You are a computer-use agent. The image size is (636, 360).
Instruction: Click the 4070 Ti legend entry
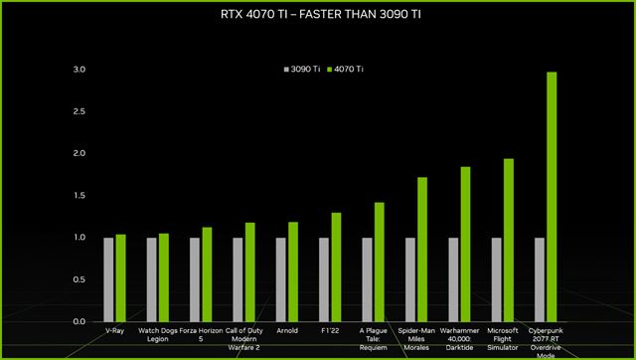pos(345,69)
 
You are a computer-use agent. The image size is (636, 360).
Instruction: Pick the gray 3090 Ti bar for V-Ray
pos(108,279)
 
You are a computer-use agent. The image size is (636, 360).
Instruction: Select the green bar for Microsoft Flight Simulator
pos(509,240)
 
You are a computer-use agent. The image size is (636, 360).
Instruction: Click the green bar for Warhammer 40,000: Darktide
pos(466,244)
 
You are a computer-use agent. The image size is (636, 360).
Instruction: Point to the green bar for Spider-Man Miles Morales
pos(422,250)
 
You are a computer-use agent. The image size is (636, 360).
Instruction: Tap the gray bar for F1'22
pos(324,279)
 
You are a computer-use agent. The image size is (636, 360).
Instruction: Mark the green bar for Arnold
pos(293,271)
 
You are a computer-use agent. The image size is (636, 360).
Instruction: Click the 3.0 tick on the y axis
pos(79,70)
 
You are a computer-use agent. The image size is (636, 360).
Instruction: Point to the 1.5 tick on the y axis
pos(79,196)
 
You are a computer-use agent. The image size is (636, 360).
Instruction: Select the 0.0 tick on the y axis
pos(79,322)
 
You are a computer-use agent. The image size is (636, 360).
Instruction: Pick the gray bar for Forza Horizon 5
pos(195,279)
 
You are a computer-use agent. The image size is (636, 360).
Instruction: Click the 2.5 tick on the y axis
pos(79,111)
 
